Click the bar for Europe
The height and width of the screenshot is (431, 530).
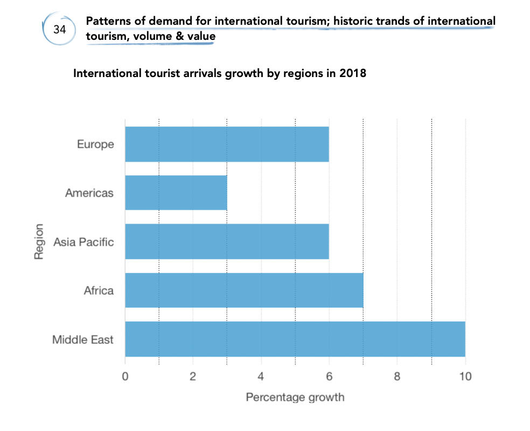click(x=227, y=144)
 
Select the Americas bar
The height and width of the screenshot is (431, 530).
click(x=176, y=193)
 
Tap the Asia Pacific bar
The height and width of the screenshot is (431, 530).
click(x=227, y=242)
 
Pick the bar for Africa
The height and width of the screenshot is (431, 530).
click(x=244, y=290)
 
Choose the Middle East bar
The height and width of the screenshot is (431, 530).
click(x=295, y=339)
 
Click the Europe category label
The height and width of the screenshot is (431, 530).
click(x=95, y=144)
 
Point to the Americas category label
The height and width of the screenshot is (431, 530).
click(x=89, y=193)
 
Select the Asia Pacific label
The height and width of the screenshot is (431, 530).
click(x=83, y=242)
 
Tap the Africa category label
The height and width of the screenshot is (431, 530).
click(x=99, y=290)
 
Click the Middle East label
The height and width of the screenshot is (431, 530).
click(x=83, y=339)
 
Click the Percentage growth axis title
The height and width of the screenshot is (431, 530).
click(x=295, y=398)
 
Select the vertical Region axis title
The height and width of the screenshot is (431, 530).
click(x=39, y=242)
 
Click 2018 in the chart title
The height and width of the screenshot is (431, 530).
click(x=353, y=73)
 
